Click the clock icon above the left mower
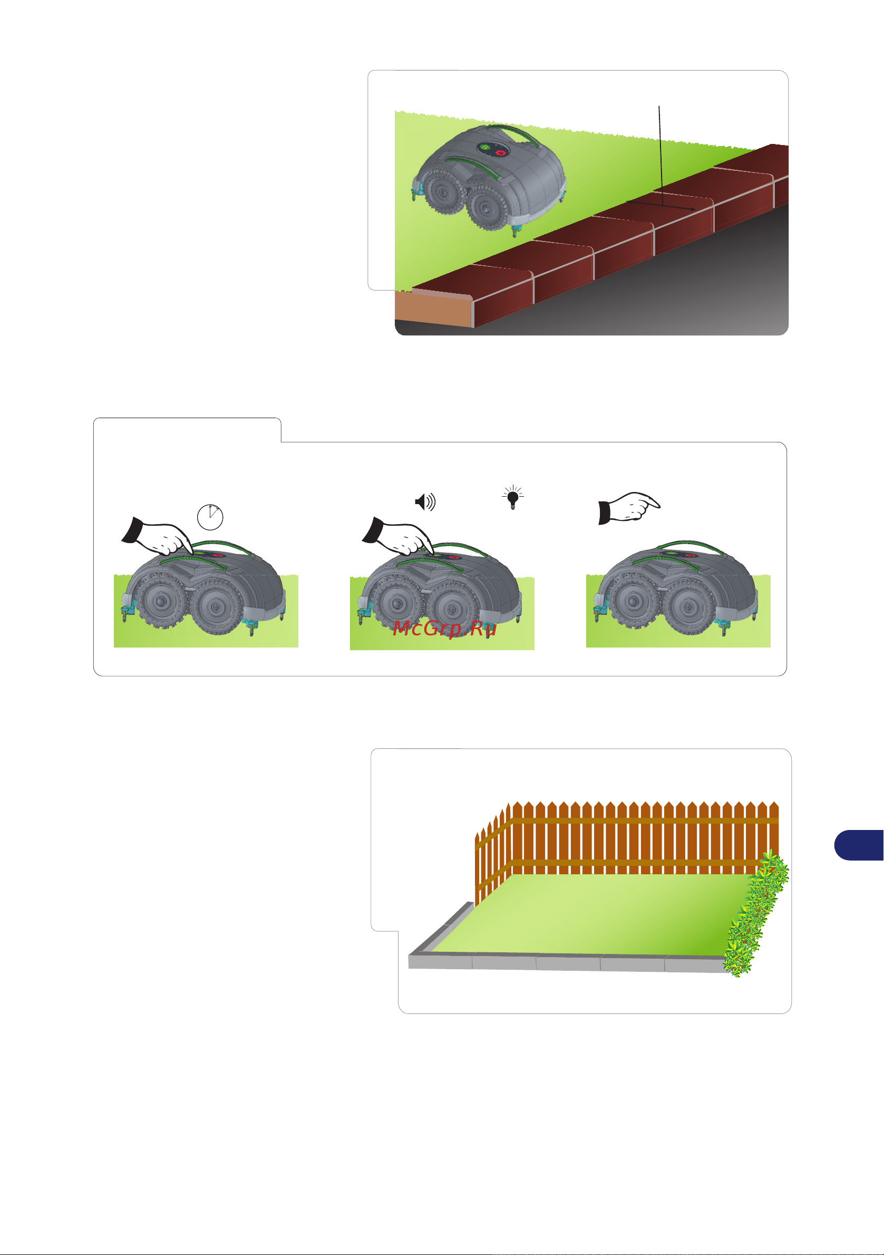click(210, 517)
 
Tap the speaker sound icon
click(425, 501)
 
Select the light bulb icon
click(512, 497)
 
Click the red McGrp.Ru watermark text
click(445, 629)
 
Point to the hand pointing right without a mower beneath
click(629, 508)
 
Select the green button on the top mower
click(485, 147)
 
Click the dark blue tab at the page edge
click(859, 845)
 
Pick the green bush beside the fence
click(756, 913)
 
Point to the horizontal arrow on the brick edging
click(661, 206)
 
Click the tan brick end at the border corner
click(434, 310)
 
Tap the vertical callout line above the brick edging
click(660, 156)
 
